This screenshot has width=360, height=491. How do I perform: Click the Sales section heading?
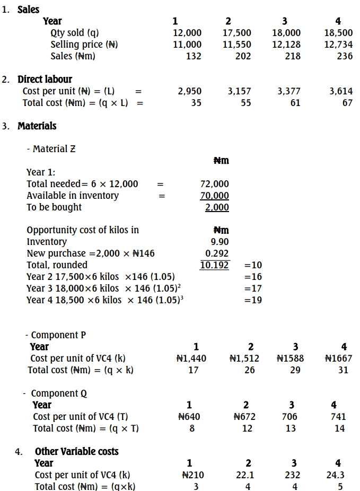(28, 10)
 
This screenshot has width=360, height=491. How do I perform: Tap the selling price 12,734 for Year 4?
(338, 45)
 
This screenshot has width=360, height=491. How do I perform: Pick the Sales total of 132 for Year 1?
(194, 56)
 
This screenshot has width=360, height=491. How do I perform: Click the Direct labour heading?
(45, 80)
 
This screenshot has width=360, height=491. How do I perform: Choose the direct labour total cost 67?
(347, 103)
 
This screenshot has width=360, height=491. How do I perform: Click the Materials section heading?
(37, 126)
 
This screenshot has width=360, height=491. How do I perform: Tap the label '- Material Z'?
(51, 149)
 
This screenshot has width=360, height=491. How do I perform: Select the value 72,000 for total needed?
(215, 184)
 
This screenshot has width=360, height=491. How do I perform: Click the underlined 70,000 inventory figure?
(215, 196)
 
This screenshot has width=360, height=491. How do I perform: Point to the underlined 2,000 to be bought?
(217, 207)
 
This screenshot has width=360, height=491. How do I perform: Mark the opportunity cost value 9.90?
(220, 242)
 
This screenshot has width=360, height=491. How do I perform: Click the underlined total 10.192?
(215, 265)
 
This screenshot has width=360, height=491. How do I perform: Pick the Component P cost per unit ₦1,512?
(244, 358)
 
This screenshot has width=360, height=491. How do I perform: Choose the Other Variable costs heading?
(77, 452)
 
